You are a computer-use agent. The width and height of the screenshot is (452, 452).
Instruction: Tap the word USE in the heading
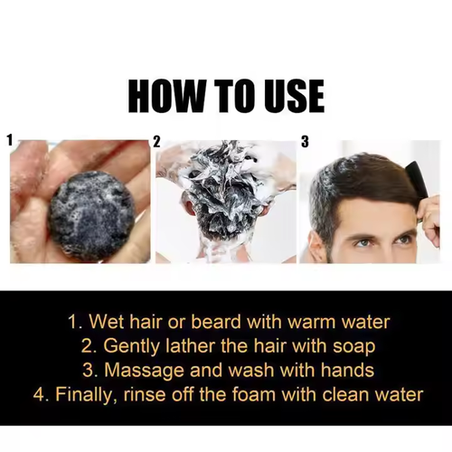click(x=287, y=96)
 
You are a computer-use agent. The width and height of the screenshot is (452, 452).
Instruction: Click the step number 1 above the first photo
click(x=10, y=141)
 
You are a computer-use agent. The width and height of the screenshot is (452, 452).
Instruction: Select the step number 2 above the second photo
click(x=157, y=142)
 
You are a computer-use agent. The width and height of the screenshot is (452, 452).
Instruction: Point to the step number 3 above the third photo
click(x=305, y=142)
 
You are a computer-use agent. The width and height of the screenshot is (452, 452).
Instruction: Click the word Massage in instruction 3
click(x=147, y=370)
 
